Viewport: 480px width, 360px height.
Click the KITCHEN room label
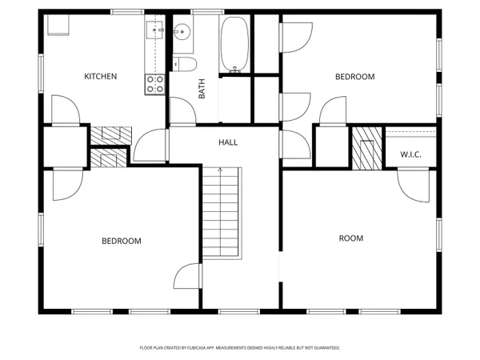tap(101, 77)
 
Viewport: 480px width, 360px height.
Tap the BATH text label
tap(202, 88)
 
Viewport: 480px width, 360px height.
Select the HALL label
tap(228, 142)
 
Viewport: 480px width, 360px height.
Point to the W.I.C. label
tap(410, 154)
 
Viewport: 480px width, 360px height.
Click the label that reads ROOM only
tap(351, 238)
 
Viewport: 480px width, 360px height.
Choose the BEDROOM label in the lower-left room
tap(121, 241)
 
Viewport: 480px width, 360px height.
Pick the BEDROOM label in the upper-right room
tap(354, 77)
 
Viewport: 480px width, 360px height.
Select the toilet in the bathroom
tap(184, 65)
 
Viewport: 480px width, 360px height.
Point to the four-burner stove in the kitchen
tap(155, 84)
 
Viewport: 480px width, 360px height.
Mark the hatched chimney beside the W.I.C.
tap(366, 147)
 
